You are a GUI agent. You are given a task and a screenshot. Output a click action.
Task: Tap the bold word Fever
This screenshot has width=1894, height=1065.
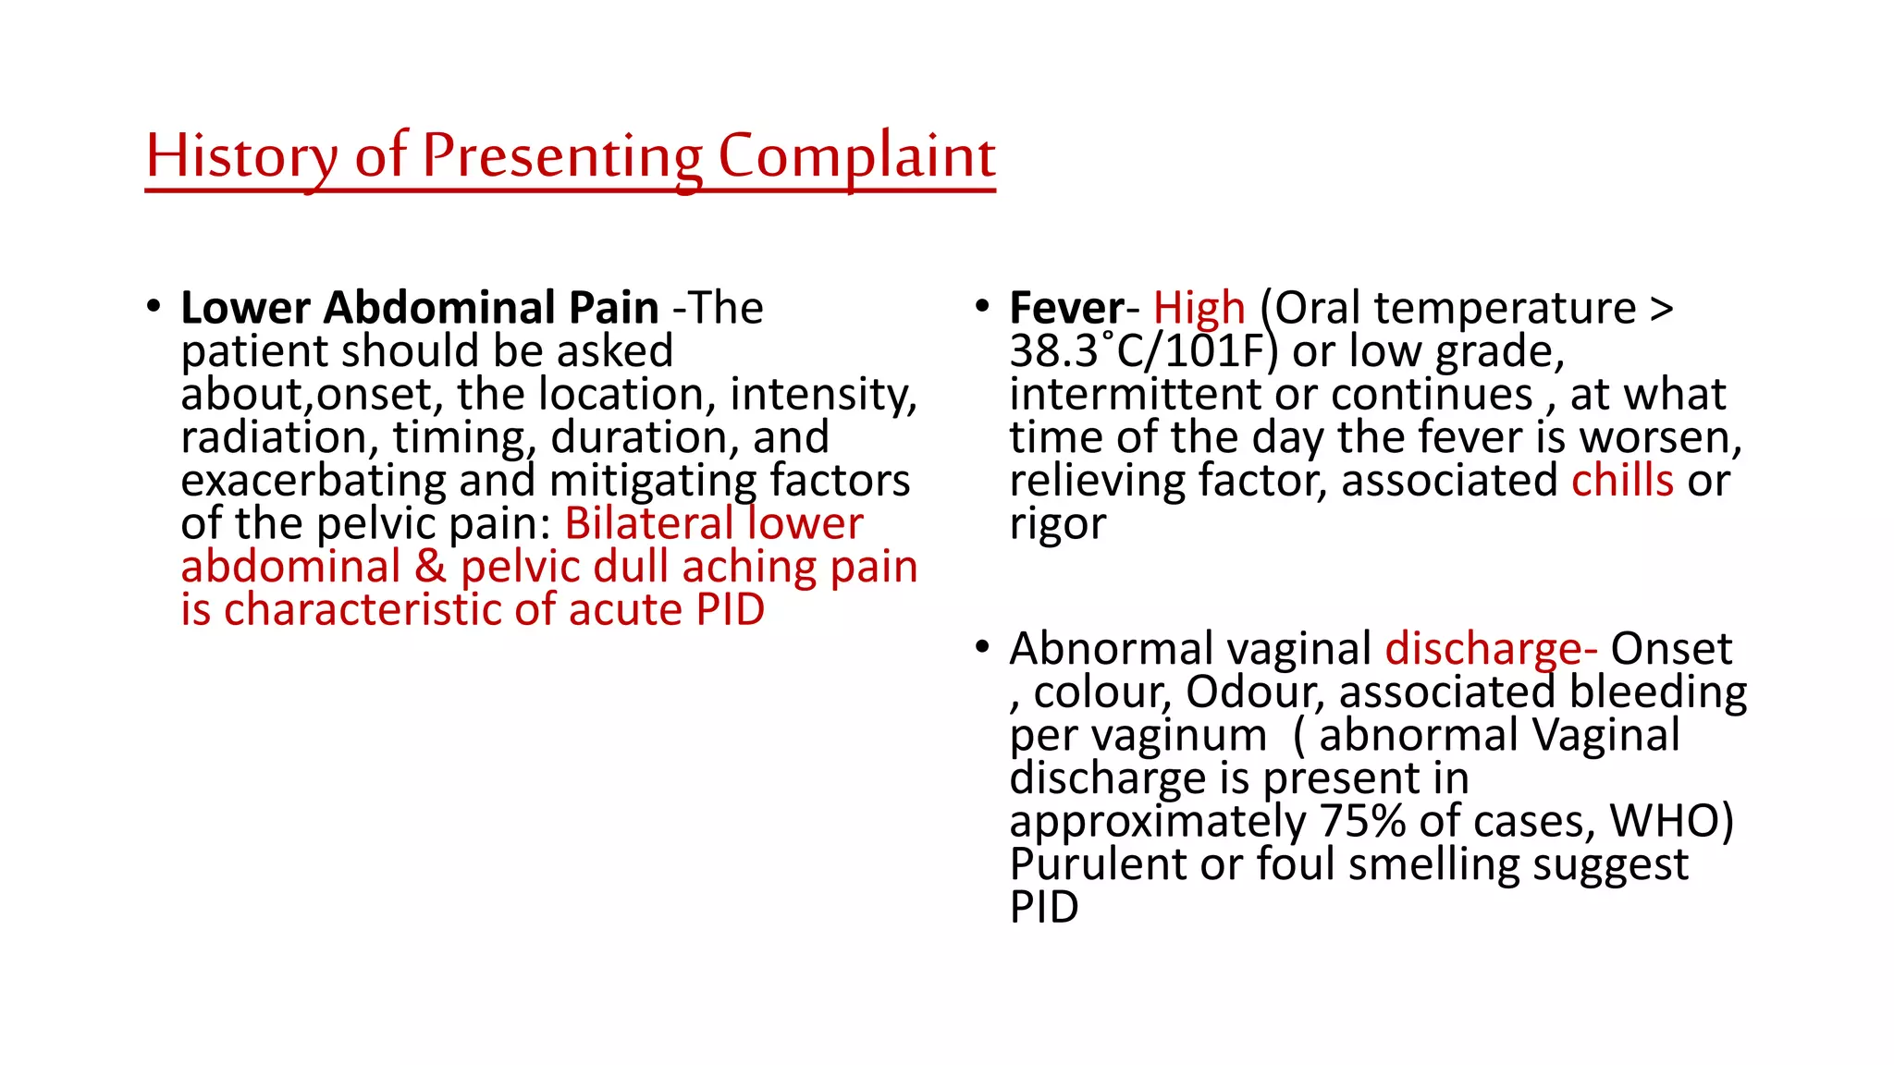click(1066, 308)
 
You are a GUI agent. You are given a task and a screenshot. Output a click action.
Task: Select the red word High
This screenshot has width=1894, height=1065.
click(1199, 308)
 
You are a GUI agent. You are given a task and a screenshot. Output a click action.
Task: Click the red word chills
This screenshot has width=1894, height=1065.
click(1622, 481)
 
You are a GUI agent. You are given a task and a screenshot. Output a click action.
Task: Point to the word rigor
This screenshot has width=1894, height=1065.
click(1057, 524)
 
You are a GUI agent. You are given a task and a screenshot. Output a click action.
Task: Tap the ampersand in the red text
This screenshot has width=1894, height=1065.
click(430, 567)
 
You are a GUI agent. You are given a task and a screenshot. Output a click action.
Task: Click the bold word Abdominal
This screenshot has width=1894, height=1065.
click(439, 308)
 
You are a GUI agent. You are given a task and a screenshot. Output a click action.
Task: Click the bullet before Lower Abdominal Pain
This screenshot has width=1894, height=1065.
click(154, 306)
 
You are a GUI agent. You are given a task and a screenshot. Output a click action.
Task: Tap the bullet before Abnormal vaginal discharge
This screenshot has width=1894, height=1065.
click(982, 647)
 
